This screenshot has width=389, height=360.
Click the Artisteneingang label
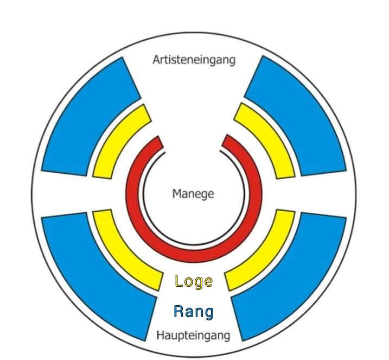(194, 60)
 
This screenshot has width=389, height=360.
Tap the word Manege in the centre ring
(193, 194)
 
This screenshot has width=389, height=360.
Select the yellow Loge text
(194, 282)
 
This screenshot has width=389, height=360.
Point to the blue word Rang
(194, 312)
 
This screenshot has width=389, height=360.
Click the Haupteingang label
(193, 336)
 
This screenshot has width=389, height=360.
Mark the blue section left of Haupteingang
(99, 276)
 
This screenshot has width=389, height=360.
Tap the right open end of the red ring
(227, 141)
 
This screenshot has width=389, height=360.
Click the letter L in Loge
(178, 281)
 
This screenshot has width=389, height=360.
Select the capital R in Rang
(178, 311)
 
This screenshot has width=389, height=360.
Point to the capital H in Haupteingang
(161, 335)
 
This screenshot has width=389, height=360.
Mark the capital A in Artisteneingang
(157, 60)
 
